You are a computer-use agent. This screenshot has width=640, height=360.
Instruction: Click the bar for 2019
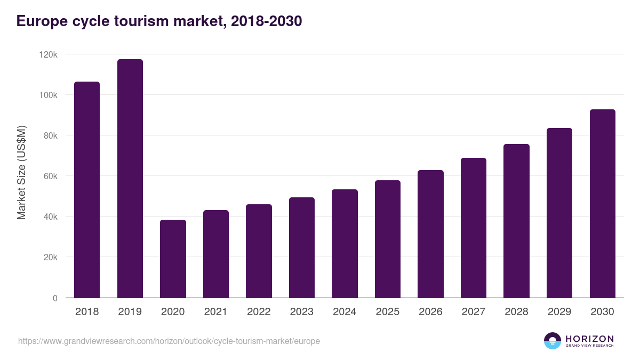coord(130,178)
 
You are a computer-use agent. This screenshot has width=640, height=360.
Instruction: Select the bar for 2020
coord(173,259)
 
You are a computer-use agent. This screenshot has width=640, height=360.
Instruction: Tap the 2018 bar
coord(87,189)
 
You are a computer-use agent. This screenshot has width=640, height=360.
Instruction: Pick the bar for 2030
coord(603,203)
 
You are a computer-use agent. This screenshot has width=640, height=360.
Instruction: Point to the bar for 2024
coord(345,243)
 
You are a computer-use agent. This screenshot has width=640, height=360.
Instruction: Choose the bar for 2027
coord(474,228)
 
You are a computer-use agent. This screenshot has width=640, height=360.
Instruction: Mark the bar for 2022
coord(259,251)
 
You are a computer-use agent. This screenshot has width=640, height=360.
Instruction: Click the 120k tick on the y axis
coord(48,55)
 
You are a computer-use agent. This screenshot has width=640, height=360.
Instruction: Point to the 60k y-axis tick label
coord(50,177)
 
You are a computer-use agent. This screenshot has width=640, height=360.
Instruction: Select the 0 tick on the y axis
coord(55,298)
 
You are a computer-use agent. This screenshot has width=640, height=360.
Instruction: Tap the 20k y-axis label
coord(50,258)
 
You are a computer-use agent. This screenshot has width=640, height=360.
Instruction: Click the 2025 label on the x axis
coord(388,312)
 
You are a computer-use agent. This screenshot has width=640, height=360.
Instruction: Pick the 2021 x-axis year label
coord(216,312)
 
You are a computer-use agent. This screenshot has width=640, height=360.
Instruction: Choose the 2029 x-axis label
coord(559,312)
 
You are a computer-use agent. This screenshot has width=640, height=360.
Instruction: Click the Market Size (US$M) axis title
coord(21,172)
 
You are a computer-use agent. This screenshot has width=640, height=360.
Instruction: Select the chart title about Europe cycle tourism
coord(159,21)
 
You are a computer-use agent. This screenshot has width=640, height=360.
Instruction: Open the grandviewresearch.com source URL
coord(169,341)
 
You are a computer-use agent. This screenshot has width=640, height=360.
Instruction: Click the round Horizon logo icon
coord(553,341)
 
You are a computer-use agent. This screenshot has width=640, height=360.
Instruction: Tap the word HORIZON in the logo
coord(589,339)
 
